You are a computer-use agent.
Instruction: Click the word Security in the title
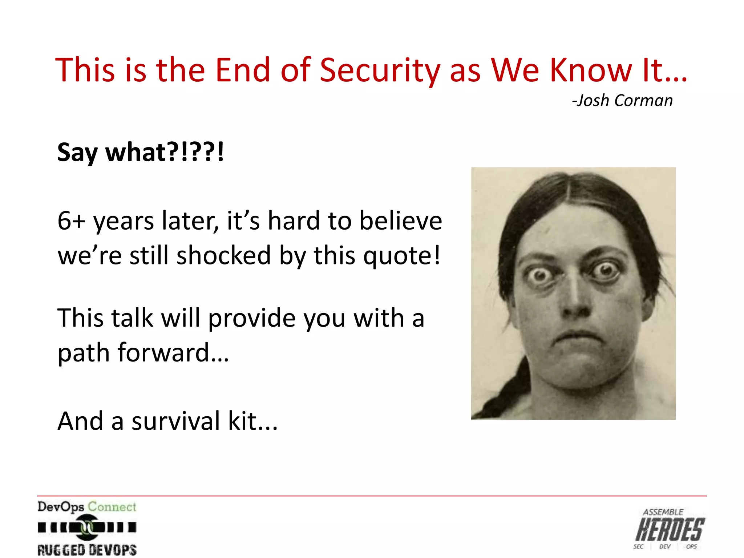pyautogui.click(x=380, y=71)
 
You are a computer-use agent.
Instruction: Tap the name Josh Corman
pyautogui.click(x=623, y=101)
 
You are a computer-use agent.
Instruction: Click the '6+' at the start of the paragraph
pyautogui.click(x=71, y=221)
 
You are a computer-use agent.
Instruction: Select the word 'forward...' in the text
pyautogui.click(x=173, y=352)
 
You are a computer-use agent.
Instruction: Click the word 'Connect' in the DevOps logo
pyautogui.click(x=112, y=506)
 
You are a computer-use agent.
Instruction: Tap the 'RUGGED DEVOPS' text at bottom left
pyautogui.click(x=87, y=550)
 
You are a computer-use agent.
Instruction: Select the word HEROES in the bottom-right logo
pyautogui.click(x=670, y=530)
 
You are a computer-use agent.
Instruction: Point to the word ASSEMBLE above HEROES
pyautogui.click(x=663, y=512)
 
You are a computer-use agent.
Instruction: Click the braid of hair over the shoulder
pyautogui.click(x=509, y=392)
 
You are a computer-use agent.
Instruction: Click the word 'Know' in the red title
pyautogui.click(x=591, y=71)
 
